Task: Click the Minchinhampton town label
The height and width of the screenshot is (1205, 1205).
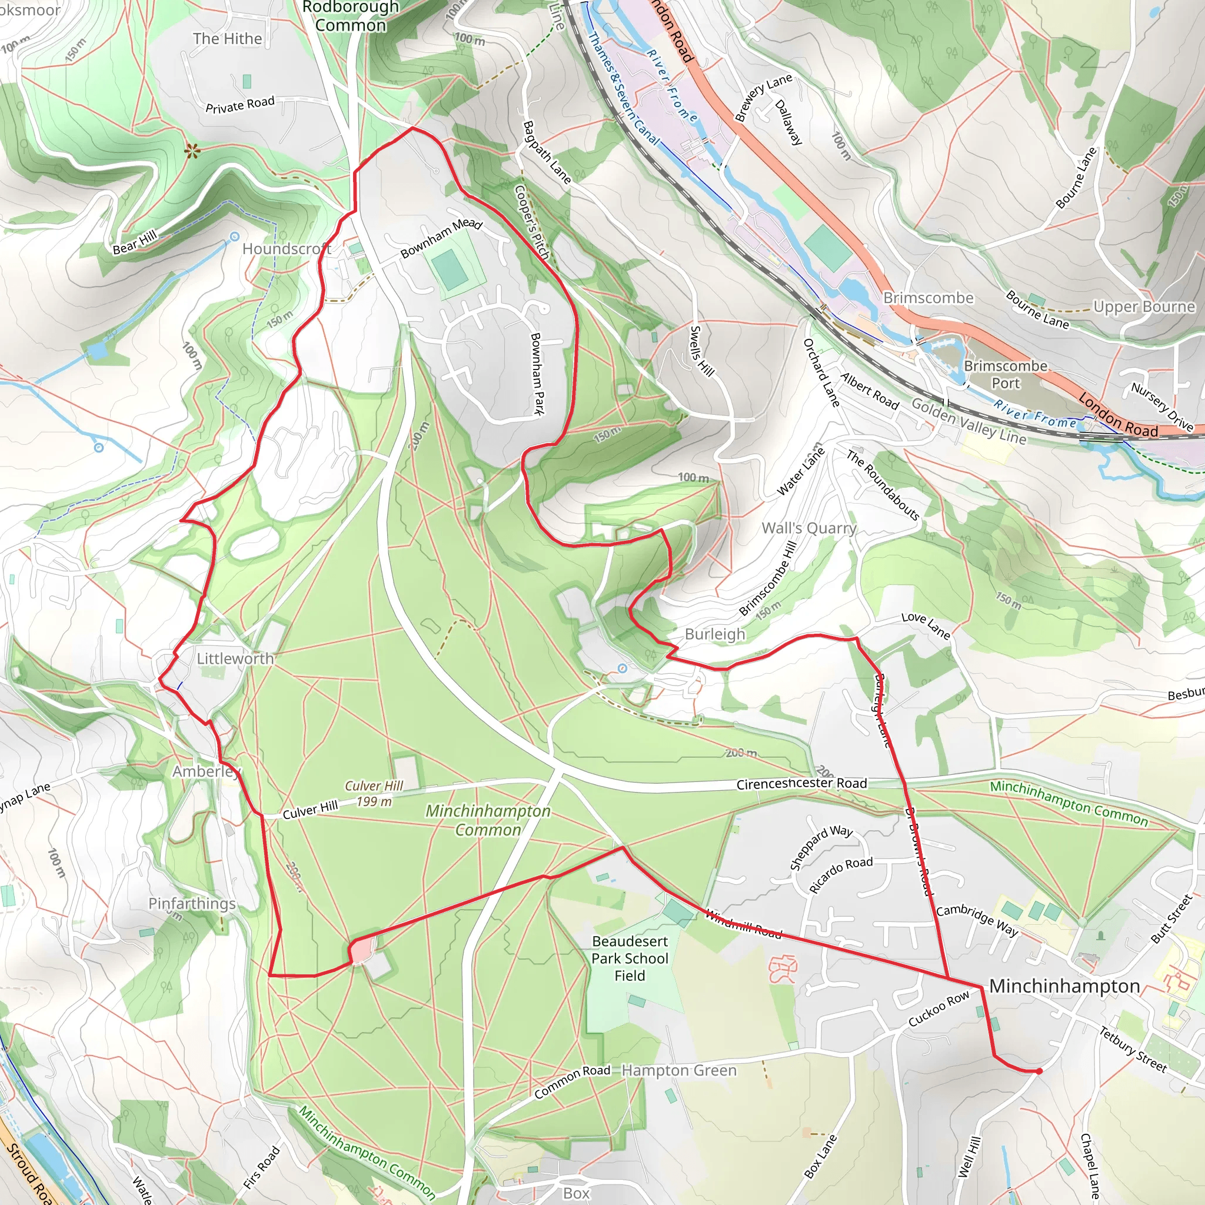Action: click(x=1064, y=986)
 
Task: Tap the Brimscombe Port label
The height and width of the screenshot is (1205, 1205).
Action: click(x=1006, y=374)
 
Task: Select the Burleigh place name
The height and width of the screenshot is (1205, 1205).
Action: click(x=715, y=634)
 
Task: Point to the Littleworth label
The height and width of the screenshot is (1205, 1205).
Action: click(x=235, y=658)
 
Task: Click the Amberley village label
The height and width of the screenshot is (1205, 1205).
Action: click(x=207, y=771)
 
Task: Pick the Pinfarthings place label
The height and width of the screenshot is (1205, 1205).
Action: click(x=191, y=904)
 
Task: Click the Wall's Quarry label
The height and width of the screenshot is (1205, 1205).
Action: click(x=809, y=528)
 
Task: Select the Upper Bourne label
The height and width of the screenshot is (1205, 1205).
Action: click(x=1144, y=307)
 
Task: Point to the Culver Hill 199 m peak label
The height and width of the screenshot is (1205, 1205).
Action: click(x=374, y=794)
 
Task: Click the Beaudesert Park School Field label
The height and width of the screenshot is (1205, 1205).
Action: click(x=630, y=958)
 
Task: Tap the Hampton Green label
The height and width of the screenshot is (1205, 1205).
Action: click(x=679, y=1071)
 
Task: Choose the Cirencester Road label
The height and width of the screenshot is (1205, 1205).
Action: click(x=801, y=784)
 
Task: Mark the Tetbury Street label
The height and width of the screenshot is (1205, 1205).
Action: click(x=1133, y=1050)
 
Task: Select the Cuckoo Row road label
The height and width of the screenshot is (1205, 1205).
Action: click(x=938, y=1008)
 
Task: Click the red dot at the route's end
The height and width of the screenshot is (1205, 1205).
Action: click(x=1039, y=1071)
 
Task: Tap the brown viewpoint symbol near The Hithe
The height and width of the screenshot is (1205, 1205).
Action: click(x=192, y=150)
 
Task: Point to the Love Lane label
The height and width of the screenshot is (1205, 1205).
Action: click(x=926, y=625)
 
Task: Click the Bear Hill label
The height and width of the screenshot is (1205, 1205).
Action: click(x=135, y=242)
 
